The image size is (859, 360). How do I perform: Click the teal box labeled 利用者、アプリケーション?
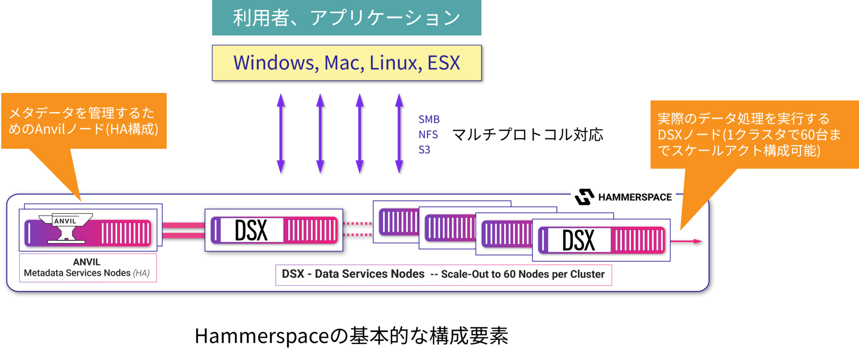pos(346,18)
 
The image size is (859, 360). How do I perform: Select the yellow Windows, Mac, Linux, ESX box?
pos(346,63)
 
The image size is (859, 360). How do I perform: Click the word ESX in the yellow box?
pos(443,63)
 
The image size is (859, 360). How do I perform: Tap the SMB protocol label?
pos(429,119)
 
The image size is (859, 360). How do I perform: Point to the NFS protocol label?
pos(428,135)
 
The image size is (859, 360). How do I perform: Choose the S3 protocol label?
pos(424,150)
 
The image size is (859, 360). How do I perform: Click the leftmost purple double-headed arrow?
pos(281,133)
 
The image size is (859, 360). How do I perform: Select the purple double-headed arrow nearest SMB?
pos(399,133)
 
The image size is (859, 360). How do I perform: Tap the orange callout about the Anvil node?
pos(84,121)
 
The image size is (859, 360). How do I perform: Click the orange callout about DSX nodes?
pos(749,134)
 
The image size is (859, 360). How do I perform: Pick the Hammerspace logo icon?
pos(584,197)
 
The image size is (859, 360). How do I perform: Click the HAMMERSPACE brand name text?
pos(635,197)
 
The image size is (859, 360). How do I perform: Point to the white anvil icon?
pos(66,228)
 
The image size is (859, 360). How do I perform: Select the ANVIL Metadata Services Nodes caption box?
pos(88,267)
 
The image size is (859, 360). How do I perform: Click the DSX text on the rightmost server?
pos(578,240)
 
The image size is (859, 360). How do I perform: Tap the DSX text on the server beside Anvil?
pos(251,230)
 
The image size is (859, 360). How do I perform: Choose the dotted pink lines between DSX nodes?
pos(357,229)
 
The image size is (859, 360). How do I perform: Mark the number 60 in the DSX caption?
pos(510,274)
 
